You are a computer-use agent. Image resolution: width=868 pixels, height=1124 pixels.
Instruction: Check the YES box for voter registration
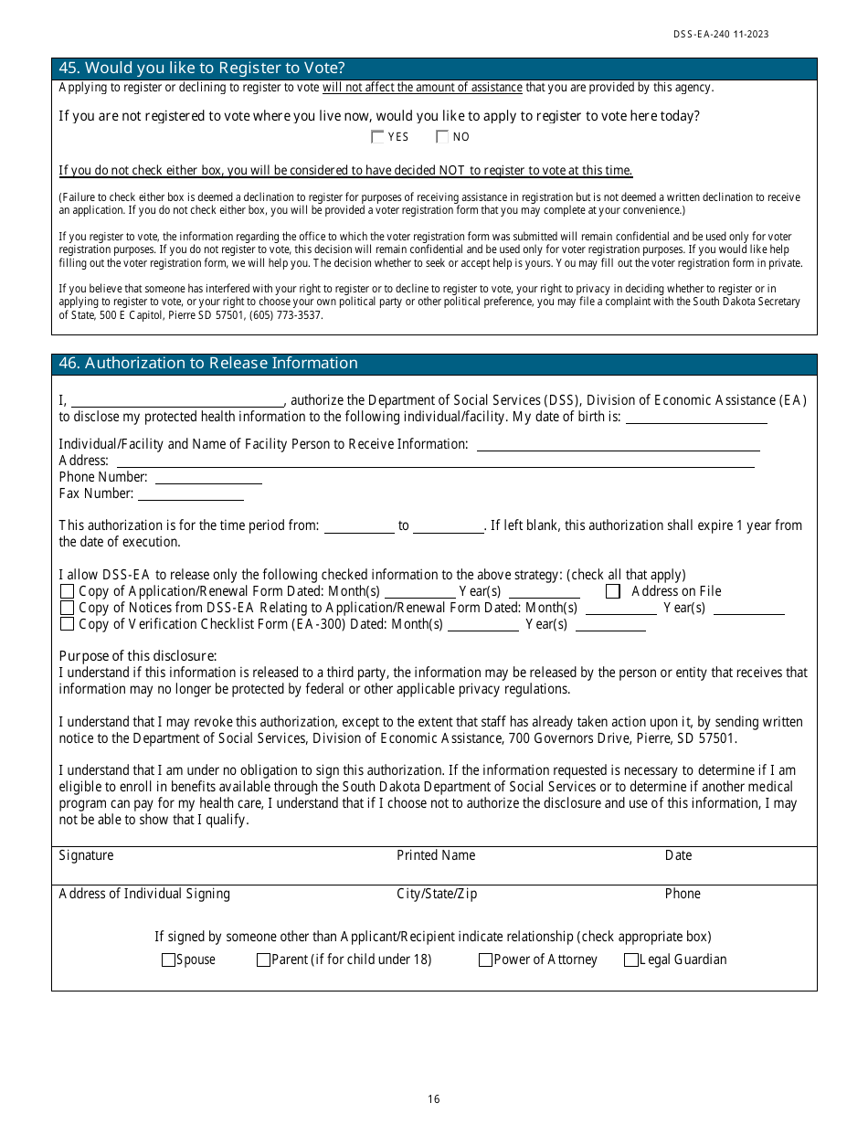pos(377,137)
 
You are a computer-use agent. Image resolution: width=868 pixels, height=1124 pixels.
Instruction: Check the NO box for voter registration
pos(442,137)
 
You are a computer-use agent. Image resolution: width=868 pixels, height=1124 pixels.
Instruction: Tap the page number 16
pos(434,1099)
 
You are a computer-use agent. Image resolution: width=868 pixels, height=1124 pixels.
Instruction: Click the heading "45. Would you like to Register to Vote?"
pos(202,69)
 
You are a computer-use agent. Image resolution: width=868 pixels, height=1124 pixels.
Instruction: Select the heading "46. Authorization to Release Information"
pos(208,364)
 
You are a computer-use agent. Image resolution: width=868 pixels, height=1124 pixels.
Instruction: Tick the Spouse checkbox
pos(168,960)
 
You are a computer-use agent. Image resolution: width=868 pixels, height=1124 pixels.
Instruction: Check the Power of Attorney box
pos(485,960)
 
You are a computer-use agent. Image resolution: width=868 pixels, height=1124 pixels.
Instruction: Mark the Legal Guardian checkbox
pos(631,960)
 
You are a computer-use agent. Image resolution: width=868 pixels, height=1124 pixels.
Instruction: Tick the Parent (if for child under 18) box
pos(263,960)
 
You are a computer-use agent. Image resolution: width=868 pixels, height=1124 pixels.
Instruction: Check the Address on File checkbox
pos(613,591)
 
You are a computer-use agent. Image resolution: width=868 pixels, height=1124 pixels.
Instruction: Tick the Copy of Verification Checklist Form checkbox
pos(67,624)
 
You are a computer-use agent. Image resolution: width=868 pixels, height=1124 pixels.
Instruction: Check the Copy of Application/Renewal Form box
pos(67,591)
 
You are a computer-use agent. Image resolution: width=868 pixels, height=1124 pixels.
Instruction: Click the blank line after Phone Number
pos(208,479)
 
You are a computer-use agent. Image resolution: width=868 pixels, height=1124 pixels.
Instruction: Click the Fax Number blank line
pos(190,495)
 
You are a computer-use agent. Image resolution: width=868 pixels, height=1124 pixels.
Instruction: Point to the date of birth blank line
pos(696,419)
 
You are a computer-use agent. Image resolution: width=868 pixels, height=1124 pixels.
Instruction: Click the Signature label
pos(86,855)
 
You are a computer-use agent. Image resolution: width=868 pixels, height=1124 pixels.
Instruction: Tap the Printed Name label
pos(436,855)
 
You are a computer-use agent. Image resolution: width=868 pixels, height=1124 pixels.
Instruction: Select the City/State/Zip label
pos(437,894)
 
